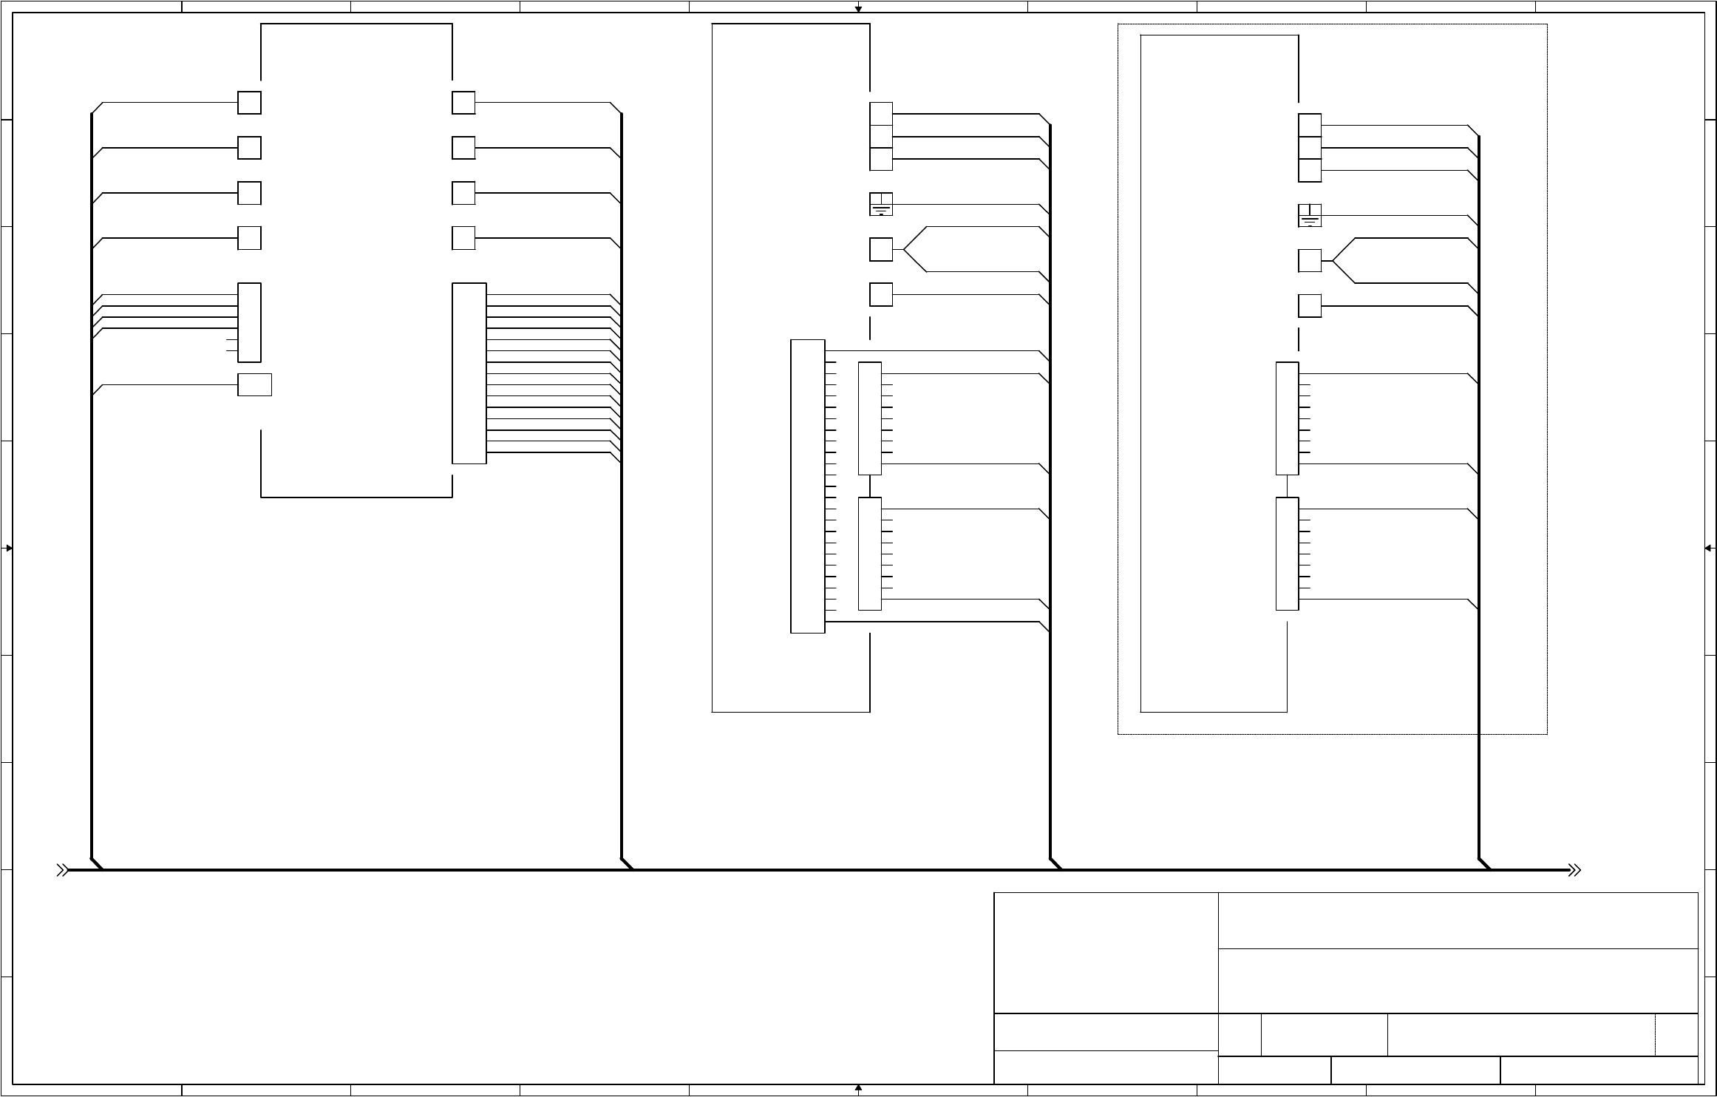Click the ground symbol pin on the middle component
click(881, 205)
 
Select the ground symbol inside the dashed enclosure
click(1309, 216)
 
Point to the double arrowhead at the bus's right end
click(1574, 870)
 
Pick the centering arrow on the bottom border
click(858, 1089)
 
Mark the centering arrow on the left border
click(9, 548)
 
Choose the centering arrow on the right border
click(1708, 548)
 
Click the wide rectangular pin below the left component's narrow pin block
click(254, 384)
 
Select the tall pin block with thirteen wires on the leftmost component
click(469, 373)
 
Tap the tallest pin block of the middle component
click(807, 486)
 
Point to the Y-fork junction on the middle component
click(915, 250)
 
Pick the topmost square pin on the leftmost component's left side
click(249, 103)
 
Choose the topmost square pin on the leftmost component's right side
click(463, 103)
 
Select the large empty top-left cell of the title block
click(1106, 953)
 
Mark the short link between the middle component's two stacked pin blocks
click(870, 486)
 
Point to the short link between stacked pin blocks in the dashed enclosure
click(1288, 486)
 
